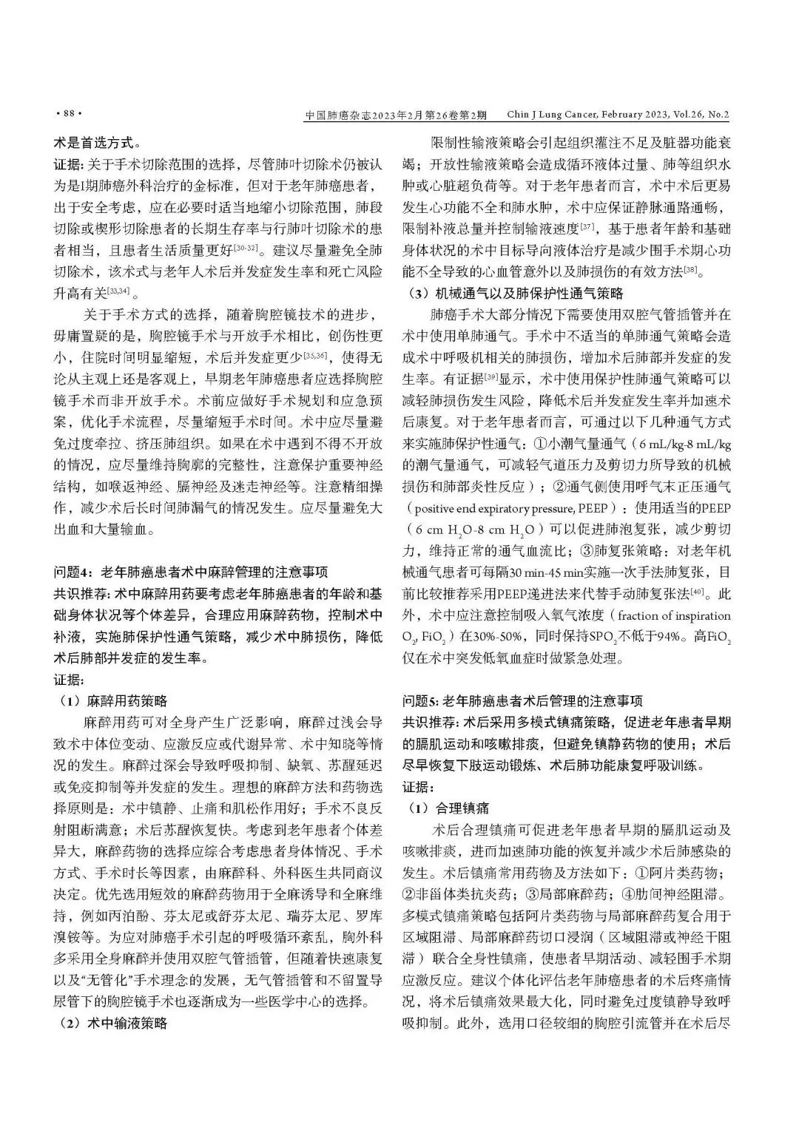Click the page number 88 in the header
pyautogui.click(x=67, y=114)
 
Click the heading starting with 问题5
pyautogui.click(x=522, y=700)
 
